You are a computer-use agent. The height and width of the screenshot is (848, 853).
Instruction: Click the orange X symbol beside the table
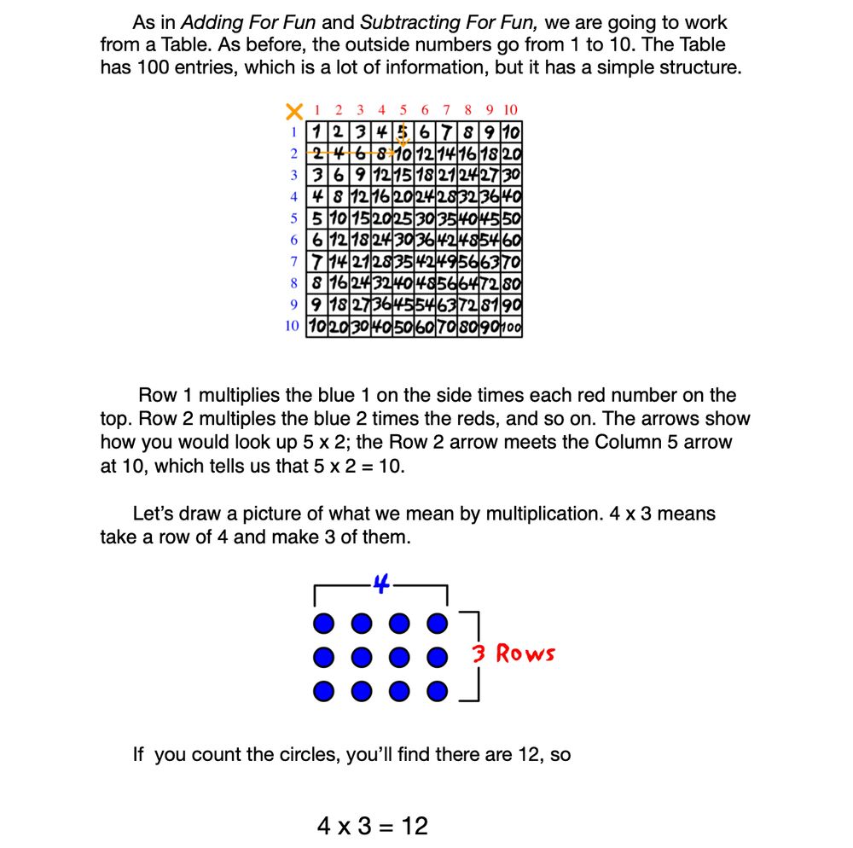(x=294, y=111)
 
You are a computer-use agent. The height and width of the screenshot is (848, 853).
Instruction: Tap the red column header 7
(x=446, y=110)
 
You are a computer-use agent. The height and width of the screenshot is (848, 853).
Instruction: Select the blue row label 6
(x=293, y=240)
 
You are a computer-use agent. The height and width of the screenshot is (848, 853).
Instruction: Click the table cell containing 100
(x=512, y=327)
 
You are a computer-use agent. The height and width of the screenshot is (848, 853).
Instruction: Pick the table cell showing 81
(x=490, y=305)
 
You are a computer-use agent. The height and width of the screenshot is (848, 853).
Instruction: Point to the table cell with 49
(x=446, y=261)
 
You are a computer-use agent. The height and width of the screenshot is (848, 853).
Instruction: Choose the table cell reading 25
(x=403, y=218)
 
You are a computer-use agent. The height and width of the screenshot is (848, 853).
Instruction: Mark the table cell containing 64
(x=468, y=283)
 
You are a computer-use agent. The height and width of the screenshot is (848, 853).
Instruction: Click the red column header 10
(x=510, y=110)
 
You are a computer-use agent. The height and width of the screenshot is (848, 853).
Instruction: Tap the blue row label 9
(x=293, y=305)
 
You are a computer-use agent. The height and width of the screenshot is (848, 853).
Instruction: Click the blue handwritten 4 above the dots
(x=381, y=585)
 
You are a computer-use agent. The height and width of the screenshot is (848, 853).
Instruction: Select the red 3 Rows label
(x=514, y=654)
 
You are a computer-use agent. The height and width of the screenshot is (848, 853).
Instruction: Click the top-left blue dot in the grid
(x=322, y=625)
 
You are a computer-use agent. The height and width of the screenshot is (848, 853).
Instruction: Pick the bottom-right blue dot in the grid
(x=437, y=690)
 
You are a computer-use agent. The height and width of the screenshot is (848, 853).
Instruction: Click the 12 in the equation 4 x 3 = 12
(x=415, y=826)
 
